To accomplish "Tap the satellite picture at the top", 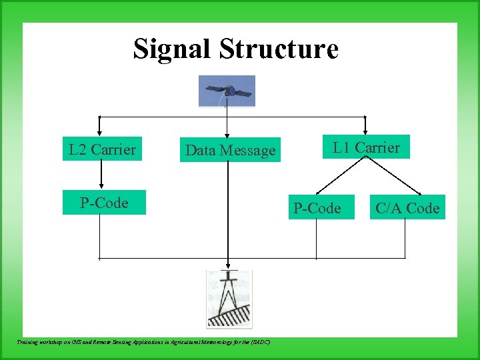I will point(227,91).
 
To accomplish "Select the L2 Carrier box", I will point(102,149).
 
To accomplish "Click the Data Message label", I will point(230,151).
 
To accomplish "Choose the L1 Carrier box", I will point(367,147).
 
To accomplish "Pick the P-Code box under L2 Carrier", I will point(104,203).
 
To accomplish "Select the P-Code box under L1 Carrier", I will point(317,208).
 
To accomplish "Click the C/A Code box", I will point(407,208).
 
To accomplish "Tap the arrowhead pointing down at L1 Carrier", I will point(365,131).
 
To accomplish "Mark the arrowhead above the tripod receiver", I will point(229,264).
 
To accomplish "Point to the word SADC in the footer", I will point(261,341).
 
